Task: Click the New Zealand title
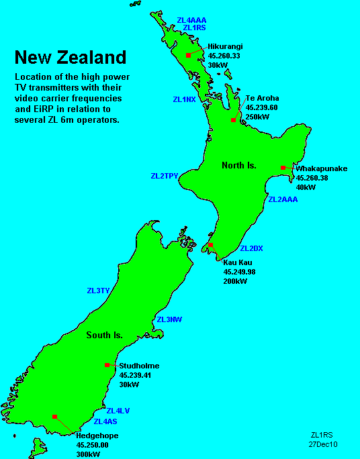(x=70, y=56)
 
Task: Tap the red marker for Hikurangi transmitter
(x=189, y=54)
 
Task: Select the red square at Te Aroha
(x=233, y=119)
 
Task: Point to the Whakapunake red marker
(x=283, y=168)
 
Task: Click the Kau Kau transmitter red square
(x=211, y=246)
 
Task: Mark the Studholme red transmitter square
(x=107, y=365)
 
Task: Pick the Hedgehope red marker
(x=54, y=417)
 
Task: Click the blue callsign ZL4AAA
(x=191, y=20)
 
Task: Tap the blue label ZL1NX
(x=184, y=99)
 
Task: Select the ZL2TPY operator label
(x=164, y=176)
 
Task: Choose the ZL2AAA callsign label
(x=283, y=200)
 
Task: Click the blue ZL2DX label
(x=251, y=249)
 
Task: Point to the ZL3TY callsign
(x=98, y=291)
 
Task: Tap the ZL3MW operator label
(x=169, y=319)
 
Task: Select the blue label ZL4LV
(x=118, y=411)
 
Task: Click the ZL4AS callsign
(x=105, y=421)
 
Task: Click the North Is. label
(x=239, y=164)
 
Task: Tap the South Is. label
(x=104, y=335)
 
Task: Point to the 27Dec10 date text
(x=323, y=444)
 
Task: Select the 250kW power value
(x=257, y=116)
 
